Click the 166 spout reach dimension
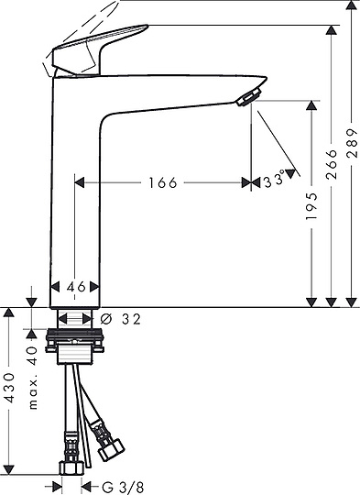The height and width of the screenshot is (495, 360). click(163, 182)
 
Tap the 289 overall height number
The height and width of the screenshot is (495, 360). click(352, 143)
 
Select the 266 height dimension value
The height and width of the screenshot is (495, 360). click(332, 164)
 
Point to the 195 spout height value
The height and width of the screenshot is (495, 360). click(311, 206)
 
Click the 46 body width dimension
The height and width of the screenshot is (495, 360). click(76, 287)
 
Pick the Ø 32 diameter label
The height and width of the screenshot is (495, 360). click(120, 320)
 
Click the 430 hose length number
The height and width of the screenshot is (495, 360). click(9, 388)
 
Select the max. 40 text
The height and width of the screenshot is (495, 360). click(33, 378)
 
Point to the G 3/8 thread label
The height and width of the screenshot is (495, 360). click(123, 487)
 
